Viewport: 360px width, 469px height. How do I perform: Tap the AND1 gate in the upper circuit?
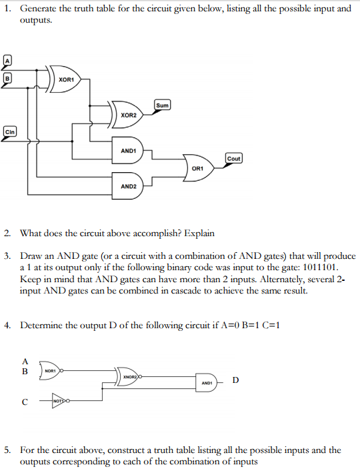pos(129,151)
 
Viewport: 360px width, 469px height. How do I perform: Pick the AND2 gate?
pos(129,186)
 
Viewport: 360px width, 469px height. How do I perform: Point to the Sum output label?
pos(163,105)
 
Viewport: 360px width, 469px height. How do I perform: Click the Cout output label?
pos(234,158)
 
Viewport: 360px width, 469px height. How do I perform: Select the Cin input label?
pos(10,131)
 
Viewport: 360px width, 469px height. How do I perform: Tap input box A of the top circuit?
pos(9,61)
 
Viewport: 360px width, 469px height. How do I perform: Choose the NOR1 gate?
pos(51,370)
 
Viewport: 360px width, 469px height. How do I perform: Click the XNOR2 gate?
pos(128,377)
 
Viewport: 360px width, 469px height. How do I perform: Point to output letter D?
pos(236,380)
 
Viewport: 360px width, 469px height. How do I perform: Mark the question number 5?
pos(7,450)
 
